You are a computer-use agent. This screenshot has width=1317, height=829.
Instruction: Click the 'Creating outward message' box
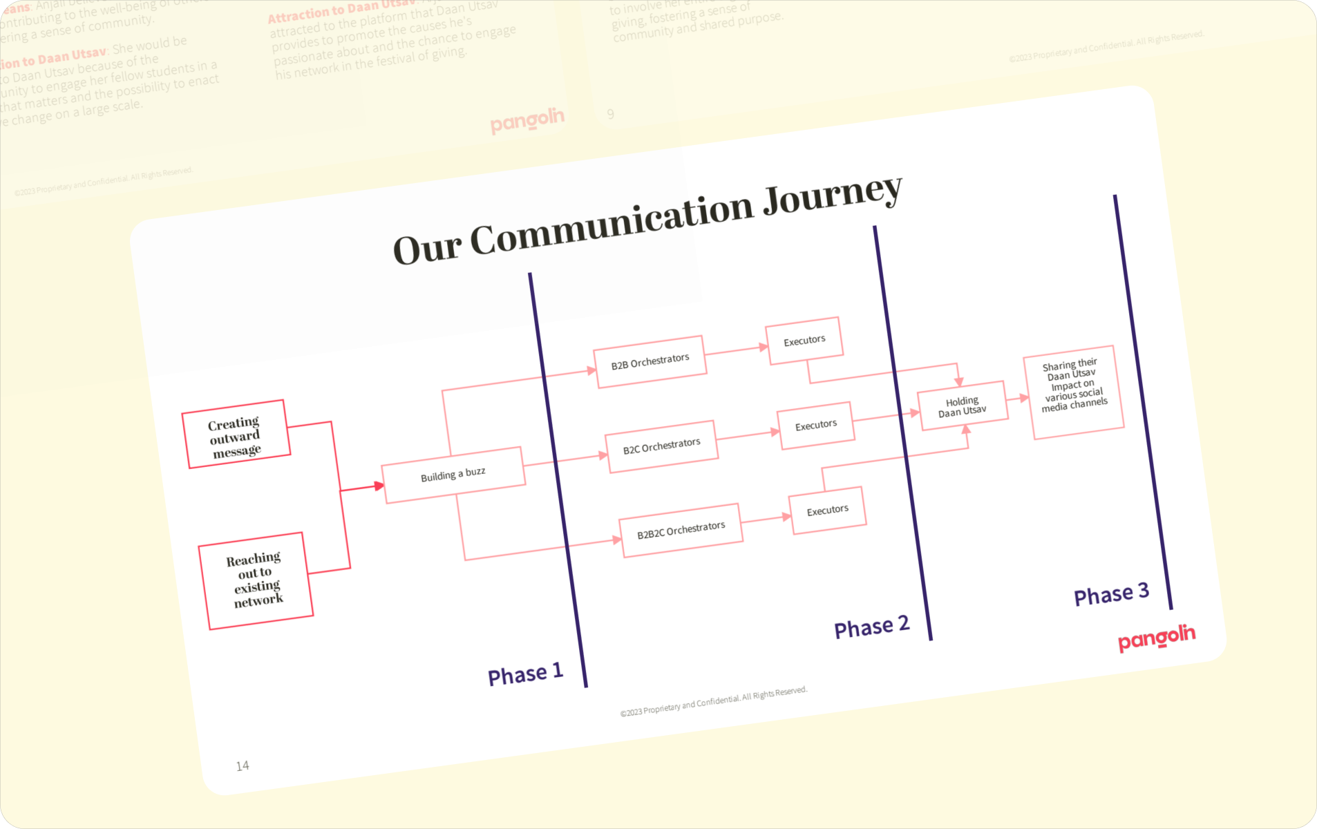point(236,435)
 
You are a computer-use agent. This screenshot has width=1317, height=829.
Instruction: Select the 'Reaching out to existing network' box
point(255,580)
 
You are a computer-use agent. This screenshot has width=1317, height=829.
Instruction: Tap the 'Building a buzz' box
point(453,475)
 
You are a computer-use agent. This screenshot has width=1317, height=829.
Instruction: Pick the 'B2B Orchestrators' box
point(650,361)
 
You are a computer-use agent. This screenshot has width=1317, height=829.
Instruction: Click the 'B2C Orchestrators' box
point(661,446)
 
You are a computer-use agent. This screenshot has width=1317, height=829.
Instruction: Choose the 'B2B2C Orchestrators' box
point(681,530)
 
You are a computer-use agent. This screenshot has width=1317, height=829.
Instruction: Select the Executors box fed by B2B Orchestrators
point(804,341)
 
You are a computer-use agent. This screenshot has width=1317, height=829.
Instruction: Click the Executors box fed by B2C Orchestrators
point(815,425)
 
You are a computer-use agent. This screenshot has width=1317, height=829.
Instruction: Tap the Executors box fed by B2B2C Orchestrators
point(827,511)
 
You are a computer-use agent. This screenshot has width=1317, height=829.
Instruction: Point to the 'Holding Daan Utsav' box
point(962,406)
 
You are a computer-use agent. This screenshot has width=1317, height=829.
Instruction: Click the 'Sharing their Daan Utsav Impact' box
point(1074,392)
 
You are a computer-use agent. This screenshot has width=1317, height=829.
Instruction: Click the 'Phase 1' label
point(525,674)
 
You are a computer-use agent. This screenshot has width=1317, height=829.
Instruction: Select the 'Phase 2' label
point(871,627)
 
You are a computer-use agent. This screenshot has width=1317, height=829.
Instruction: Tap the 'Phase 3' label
point(1111,594)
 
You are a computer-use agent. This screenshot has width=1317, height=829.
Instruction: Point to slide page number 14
point(243,765)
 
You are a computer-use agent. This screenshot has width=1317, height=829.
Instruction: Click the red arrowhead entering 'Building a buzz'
point(379,486)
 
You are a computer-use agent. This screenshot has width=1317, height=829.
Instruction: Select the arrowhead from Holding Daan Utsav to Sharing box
point(1024,397)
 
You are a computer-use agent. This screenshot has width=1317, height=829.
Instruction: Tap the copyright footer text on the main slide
point(713,701)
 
